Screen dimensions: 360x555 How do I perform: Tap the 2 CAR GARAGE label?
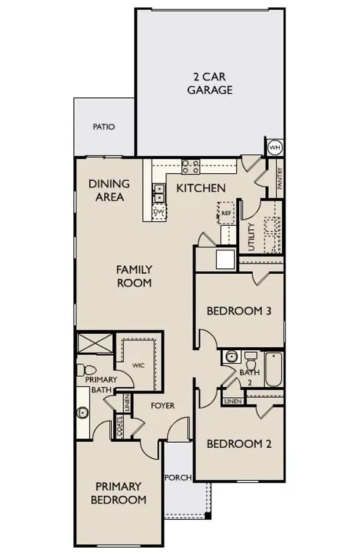pos(210,83)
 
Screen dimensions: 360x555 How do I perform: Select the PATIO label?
pos(104,126)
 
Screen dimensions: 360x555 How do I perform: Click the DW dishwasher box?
pos(159,212)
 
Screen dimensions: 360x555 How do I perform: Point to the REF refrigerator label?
pos(226,213)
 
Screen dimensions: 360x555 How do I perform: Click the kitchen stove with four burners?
pos(191,166)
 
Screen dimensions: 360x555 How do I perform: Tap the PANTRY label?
pos(280,178)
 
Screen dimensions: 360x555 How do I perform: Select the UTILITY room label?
pos(252,237)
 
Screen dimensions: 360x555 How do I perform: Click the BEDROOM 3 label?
pos(239,311)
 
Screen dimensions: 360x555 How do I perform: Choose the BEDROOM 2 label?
pos(239,443)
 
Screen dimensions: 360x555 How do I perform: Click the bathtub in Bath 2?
pos(274,369)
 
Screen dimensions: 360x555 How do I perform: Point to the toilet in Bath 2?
pos(251,361)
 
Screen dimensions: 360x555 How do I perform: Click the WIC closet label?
pos(139,365)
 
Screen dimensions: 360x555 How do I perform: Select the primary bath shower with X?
pos(95,343)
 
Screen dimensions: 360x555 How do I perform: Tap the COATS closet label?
pos(119,427)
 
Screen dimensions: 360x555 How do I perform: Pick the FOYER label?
pos(163,406)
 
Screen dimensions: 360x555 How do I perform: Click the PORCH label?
pos(178,477)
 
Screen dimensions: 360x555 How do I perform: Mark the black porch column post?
pos(208,516)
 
